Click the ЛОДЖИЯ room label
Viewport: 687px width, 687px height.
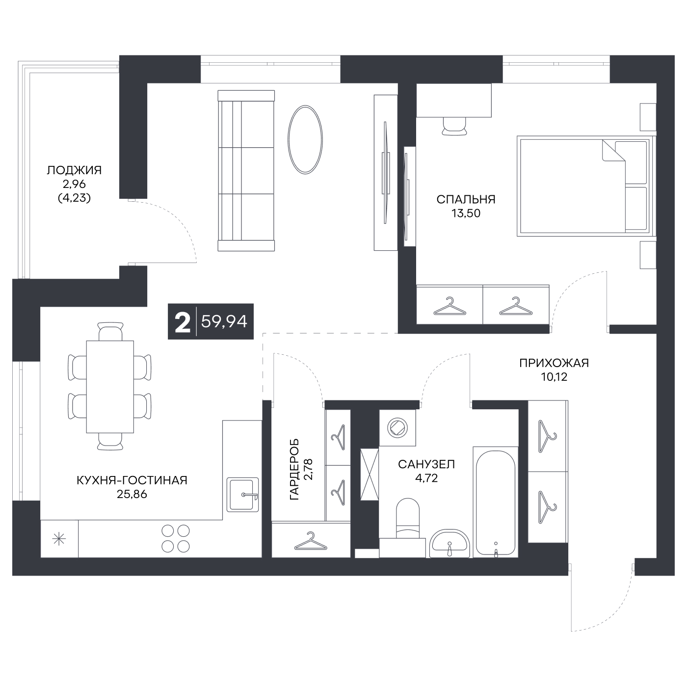pos(74,170)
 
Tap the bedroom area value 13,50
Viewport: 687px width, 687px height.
pos(466,213)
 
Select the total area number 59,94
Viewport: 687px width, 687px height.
pos(224,322)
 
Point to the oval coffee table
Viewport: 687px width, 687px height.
pos(305,139)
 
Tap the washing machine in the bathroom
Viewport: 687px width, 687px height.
pos(397,428)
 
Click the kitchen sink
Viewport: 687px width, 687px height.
pos(243,495)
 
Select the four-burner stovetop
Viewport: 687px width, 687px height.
pos(176,539)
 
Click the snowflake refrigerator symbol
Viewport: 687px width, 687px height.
pos(59,539)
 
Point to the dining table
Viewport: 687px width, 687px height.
pos(110,387)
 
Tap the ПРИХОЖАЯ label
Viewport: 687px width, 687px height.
pos(554,363)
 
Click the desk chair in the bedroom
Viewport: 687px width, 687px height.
pos(454,126)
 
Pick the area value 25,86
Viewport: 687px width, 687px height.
pos(132,494)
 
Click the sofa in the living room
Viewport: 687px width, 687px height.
pos(246,171)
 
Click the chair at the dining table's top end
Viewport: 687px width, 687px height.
pos(110,331)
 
